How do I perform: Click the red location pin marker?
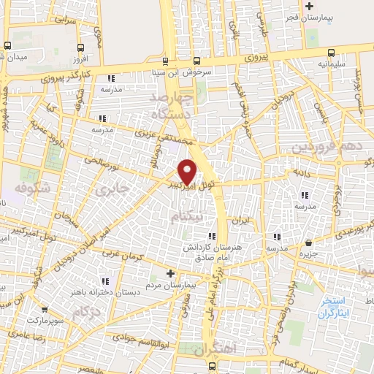click(188, 172)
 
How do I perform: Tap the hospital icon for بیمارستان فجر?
click(289, 7)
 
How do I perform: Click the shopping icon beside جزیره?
click(310, 243)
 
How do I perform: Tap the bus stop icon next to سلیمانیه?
click(332, 52)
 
